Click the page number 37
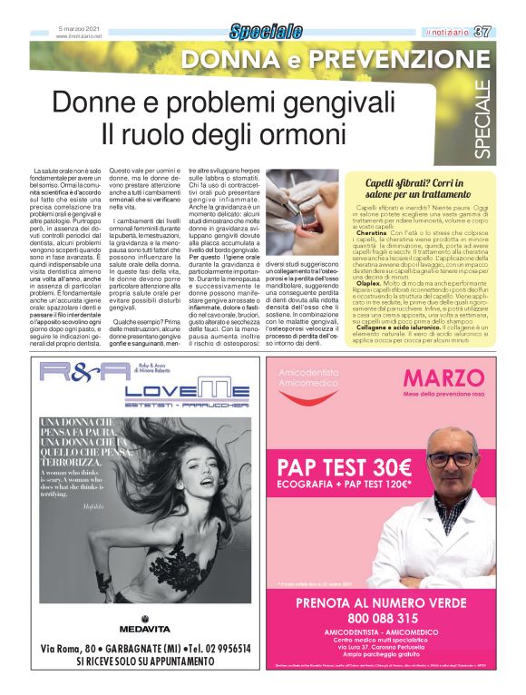point(508,32)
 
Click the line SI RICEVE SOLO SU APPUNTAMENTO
point(149,662)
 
